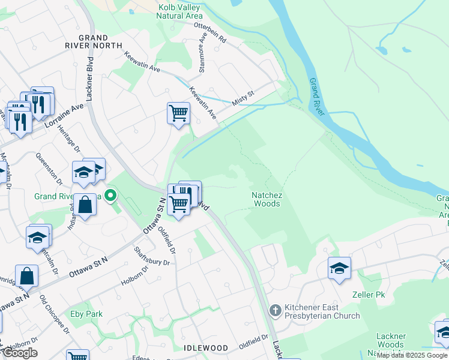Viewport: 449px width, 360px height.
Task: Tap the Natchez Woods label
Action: (x=267, y=199)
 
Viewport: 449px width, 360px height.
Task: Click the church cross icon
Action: (x=276, y=310)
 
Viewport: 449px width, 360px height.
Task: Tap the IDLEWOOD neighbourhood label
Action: (x=206, y=348)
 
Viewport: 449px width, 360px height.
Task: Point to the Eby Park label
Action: (x=86, y=314)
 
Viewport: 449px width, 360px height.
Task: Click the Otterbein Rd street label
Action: (x=210, y=33)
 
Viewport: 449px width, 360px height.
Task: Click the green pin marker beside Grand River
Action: (x=110, y=195)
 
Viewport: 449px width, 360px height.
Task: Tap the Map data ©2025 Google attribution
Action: (x=412, y=355)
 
